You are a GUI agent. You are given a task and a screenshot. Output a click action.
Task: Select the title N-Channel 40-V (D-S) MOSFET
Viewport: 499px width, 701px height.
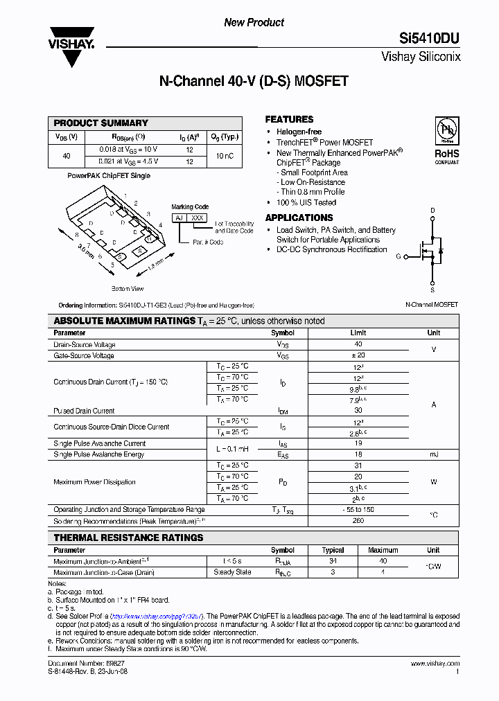click(x=254, y=82)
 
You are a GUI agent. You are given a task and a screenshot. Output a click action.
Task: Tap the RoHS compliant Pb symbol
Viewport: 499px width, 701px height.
click(x=446, y=132)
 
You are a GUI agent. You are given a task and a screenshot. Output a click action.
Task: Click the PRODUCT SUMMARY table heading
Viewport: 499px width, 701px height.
click(x=101, y=123)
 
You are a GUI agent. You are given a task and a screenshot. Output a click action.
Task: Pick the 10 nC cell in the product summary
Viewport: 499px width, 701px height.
click(x=225, y=157)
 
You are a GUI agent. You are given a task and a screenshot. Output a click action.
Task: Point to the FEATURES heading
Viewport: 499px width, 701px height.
click(x=289, y=119)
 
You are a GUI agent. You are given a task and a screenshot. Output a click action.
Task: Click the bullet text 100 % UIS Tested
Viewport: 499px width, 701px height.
click(x=306, y=203)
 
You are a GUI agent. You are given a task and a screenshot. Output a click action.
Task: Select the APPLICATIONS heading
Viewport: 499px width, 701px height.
click(x=299, y=218)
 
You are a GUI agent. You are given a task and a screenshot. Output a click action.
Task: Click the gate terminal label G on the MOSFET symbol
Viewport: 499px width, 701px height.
click(x=399, y=256)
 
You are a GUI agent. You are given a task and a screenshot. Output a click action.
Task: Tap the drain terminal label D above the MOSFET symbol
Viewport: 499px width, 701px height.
click(x=433, y=210)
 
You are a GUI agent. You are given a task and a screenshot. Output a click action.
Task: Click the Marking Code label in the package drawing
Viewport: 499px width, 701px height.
click(x=190, y=207)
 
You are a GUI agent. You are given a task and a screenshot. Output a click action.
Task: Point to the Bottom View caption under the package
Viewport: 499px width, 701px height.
click(x=128, y=288)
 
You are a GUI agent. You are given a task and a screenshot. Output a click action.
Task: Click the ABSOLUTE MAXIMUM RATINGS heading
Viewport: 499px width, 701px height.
click(x=124, y=321)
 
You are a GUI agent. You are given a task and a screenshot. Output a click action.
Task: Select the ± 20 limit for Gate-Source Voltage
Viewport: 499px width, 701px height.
click(x=358, y=355)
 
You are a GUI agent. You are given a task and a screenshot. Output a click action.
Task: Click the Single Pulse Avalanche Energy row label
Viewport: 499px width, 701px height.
click(x=99, y=454)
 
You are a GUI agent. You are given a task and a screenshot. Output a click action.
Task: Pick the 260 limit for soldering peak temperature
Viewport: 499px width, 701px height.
click(x=358, y=521)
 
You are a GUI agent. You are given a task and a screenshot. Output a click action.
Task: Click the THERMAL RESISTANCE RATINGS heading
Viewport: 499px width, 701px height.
click(x=128, y=538)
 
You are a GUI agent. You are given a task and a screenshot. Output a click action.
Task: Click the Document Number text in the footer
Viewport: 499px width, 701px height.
click(x=76, y=664)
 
